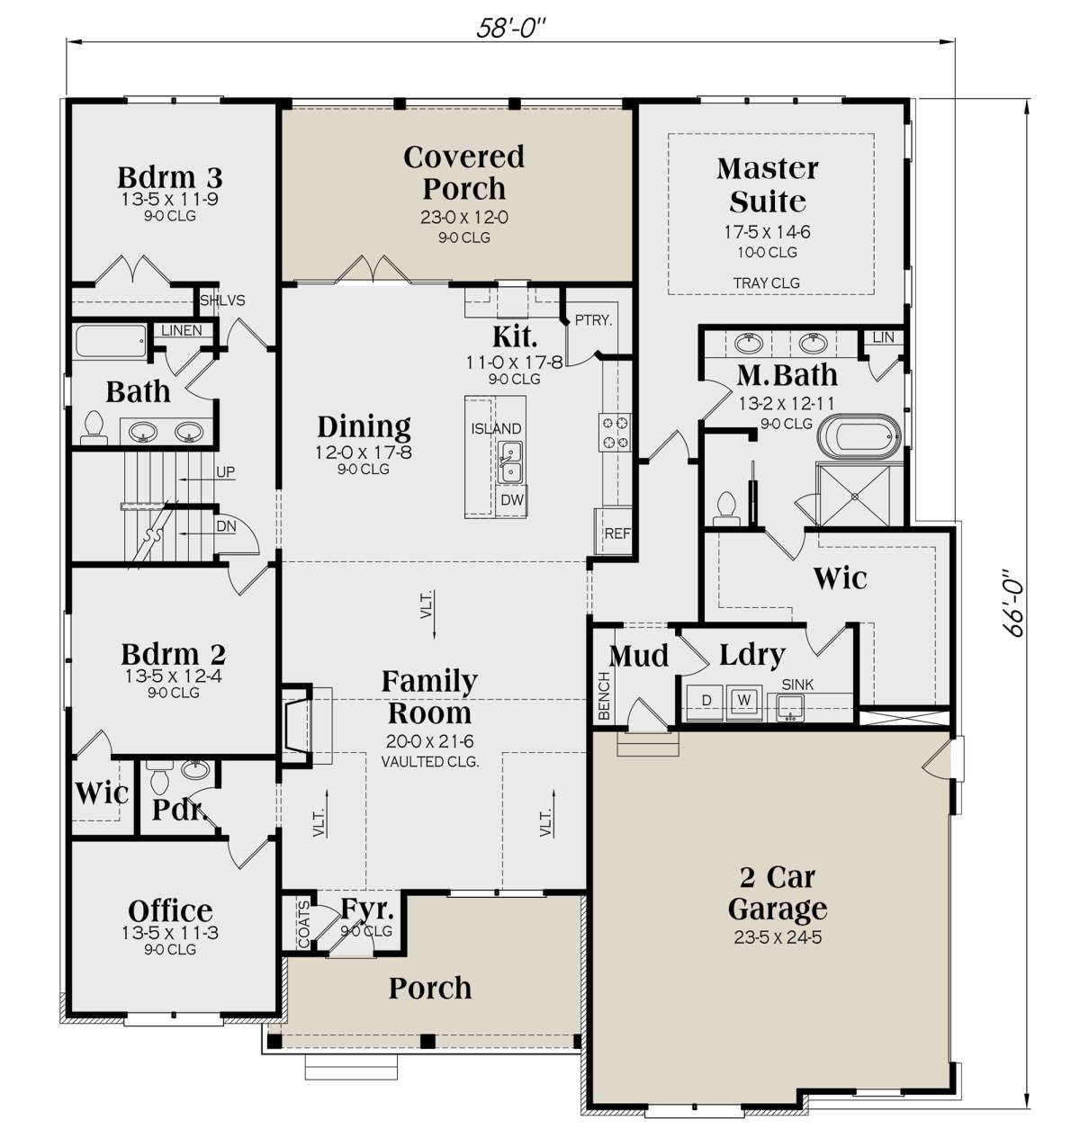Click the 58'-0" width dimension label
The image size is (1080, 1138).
[511, 28]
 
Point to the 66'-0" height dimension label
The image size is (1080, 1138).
[1015, 602]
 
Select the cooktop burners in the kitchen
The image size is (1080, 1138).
[615, 433]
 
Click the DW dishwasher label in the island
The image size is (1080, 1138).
[512, 499]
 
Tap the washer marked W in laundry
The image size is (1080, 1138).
[744, 701]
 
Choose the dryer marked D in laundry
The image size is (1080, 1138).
[706, 701]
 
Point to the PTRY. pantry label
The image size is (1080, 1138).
[593, 319]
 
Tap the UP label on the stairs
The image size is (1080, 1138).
[225, 471]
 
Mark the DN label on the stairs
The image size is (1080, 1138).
[226, 526]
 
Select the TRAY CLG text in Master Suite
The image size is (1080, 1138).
[766, 283]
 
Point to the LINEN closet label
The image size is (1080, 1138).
[181, 330]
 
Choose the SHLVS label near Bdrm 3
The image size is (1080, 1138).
[222, 300]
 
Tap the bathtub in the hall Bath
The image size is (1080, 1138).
[111, 342]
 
